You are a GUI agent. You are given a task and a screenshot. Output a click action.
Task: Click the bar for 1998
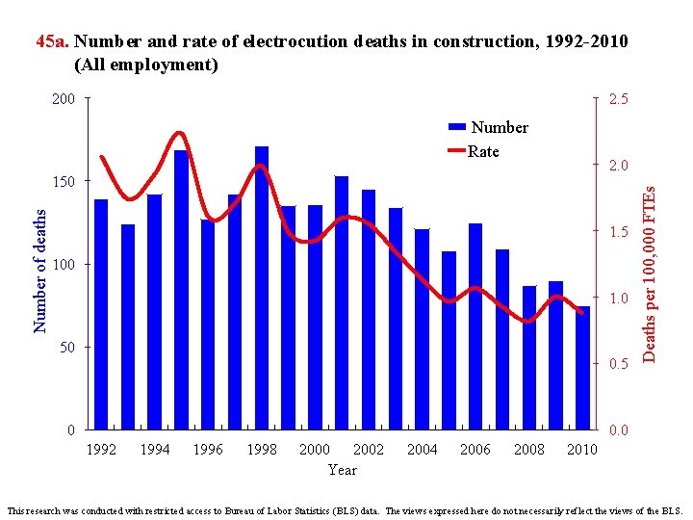(x=262, y=289)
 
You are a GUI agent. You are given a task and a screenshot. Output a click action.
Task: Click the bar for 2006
(x=475, y=327)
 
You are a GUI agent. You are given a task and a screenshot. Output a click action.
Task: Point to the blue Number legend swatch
(x=456, y=127)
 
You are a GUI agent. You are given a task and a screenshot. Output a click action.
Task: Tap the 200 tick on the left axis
(x=64, y=99)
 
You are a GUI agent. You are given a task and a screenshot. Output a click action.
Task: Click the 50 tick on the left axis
(x=67, y=347)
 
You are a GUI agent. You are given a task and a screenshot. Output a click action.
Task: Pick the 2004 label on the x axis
(x=422, y=450)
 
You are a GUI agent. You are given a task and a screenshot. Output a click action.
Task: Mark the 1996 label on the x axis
(x=208, y=450)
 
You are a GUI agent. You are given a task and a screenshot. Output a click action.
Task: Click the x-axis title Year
(x=342, y=470)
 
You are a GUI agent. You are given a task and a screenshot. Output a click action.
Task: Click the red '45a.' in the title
(x=52, y=41)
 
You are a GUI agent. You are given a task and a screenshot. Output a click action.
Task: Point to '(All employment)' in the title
(x=146, y=65)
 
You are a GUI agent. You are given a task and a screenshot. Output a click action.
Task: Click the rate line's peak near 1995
(x=180, y=133)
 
